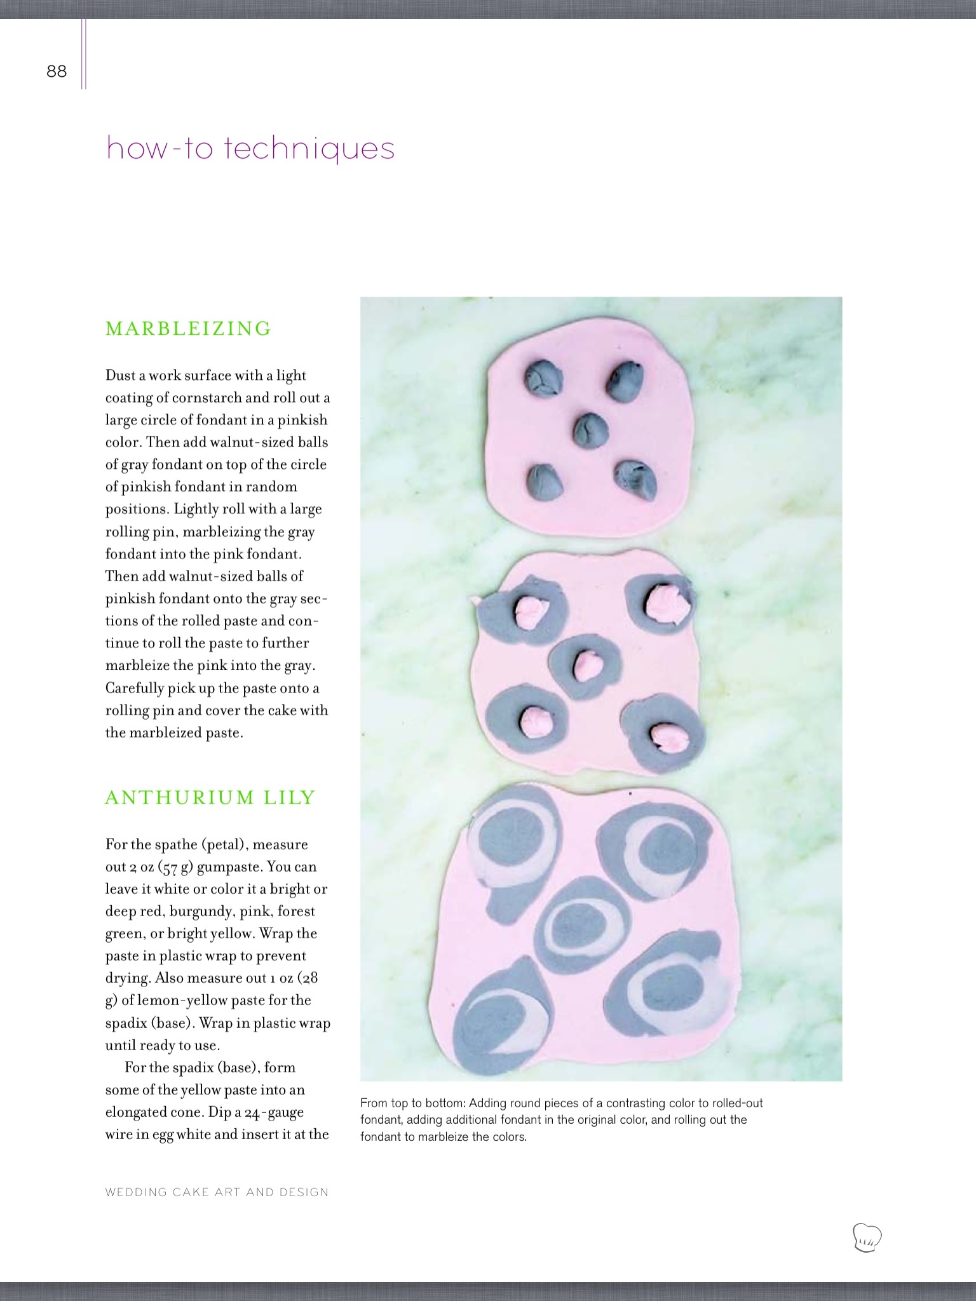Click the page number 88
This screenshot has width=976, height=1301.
click(57, 71)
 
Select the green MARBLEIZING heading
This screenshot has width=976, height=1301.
click(189, 328)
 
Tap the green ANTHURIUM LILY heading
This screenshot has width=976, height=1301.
click(210, 797)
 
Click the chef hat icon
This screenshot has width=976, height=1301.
click(867, 1237)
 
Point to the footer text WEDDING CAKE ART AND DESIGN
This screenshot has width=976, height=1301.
click(217, 1192)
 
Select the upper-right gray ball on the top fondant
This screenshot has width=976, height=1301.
click(625, 381)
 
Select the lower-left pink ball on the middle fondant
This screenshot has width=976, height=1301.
click(531, 720)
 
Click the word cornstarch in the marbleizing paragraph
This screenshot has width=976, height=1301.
click(207, 398)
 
